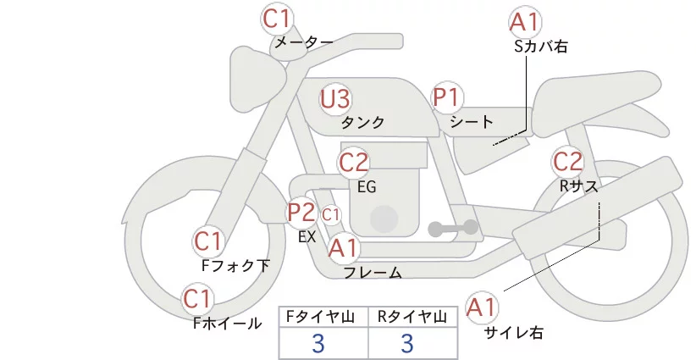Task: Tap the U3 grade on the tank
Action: pos(335,99)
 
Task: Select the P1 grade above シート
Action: pos(446,97)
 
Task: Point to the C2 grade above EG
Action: pos(354,162)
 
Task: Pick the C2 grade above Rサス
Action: pos(567,160)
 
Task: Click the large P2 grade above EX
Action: pos(301,212)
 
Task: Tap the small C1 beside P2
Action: pos(331,214)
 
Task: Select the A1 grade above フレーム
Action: pos(344,248)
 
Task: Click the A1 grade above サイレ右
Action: pos(483,307)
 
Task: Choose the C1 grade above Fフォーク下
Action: pos(208,241)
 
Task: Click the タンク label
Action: pos(362,123)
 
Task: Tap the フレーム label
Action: pos(373,273)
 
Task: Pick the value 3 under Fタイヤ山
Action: pos(319,343)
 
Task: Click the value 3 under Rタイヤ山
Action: pos(407,343)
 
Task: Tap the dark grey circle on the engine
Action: pos(384,219)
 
